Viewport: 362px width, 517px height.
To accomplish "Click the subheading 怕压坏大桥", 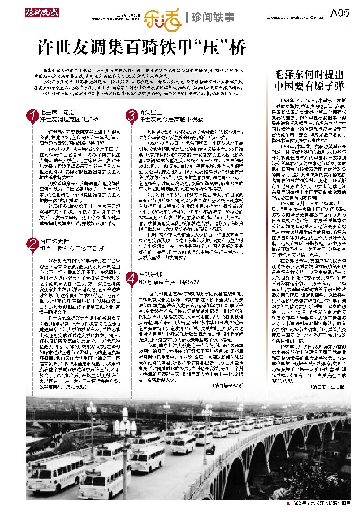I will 54,241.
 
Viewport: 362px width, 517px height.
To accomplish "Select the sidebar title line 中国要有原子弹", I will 309,87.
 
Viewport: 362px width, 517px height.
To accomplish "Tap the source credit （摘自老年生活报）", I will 327,386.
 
